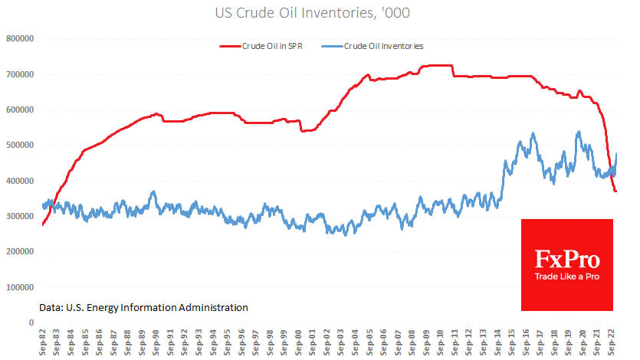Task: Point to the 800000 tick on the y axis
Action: tap(21, 38)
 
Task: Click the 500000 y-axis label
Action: tap(21, 146)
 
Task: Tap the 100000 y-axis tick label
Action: tap(21, 288)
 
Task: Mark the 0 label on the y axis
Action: tap(33, 323)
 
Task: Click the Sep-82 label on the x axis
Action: tap(44, 342)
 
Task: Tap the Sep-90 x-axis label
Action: tap(158, 342)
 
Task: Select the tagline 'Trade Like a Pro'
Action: tap(567, 277)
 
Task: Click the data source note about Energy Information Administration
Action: tap(143, 307)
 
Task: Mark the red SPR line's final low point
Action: tap(615, 191)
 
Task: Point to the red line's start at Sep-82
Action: tap(43, 224)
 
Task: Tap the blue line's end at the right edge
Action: tap(617, 154)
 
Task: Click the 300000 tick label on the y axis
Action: tap(21, 217)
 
